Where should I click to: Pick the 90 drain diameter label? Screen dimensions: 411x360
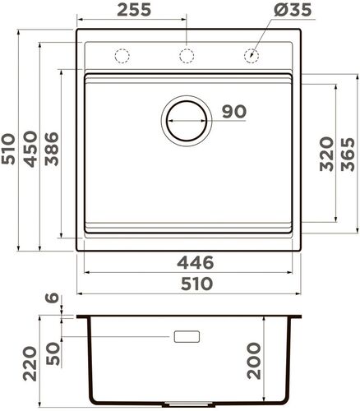[x=233, y=112]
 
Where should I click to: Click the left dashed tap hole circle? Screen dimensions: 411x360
[x=122, y=56]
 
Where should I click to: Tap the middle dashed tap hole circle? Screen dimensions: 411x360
[x=187, y=56]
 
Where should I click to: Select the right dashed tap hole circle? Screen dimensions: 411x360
[x=252, y=56]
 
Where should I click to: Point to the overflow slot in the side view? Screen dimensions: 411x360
[x=187, y=336]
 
